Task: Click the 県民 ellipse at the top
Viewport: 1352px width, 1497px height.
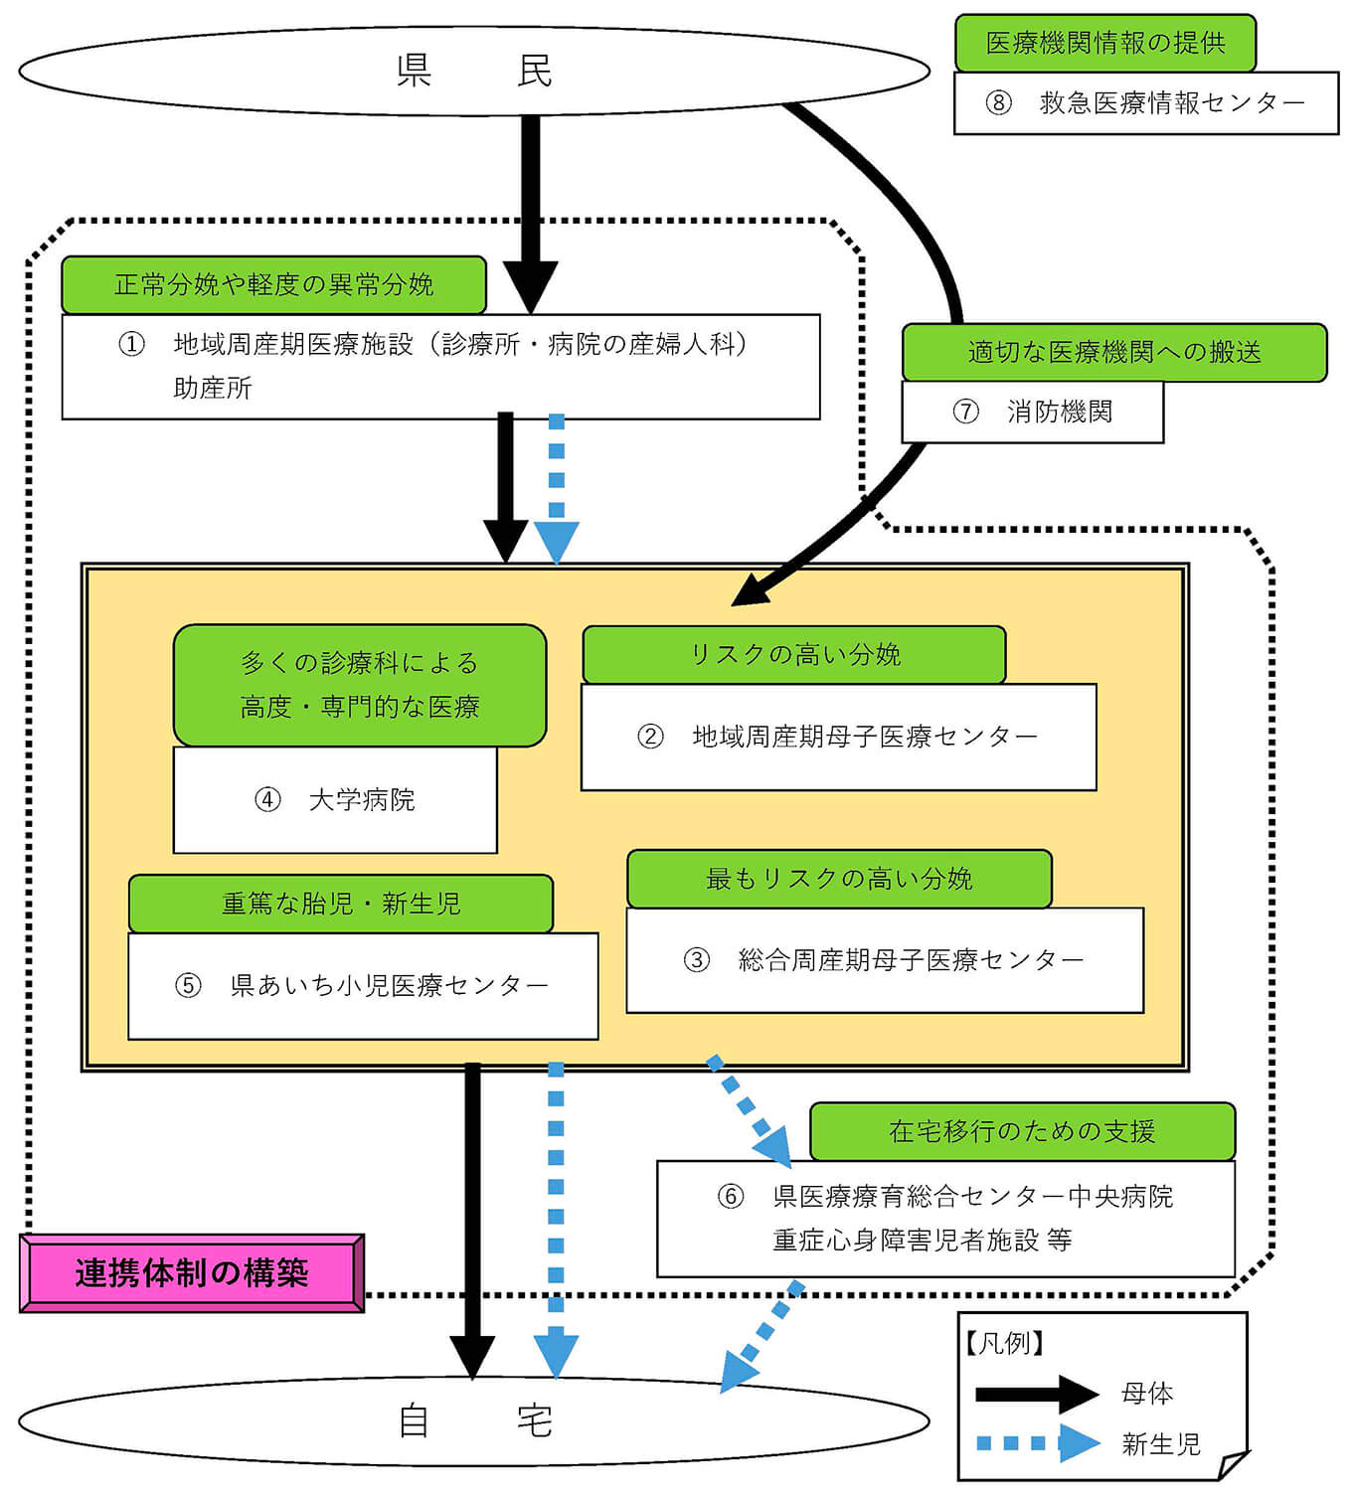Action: [x=473, y=71]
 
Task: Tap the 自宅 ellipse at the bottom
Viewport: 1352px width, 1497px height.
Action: [x=473, y=1421]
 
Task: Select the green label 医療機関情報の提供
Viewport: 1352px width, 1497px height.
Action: [x=1104, y=43]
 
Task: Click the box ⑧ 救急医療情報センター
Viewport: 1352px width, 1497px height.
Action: [x=1145, y=102]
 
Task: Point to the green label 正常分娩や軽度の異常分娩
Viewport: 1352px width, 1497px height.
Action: [x=273, y=285]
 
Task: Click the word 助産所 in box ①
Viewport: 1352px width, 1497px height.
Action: [x=213, y=388]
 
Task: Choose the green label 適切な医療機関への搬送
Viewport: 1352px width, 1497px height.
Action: [x=1113, y=352]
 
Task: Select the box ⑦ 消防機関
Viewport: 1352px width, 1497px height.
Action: [x=1032, y=412]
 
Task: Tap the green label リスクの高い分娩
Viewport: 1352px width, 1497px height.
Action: [x=793, y=654]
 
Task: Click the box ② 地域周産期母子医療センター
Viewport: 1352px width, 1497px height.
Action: [x=838, y=737]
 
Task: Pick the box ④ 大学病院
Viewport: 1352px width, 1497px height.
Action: [x=335, y=800]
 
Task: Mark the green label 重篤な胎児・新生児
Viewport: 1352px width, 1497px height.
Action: [x=340, y=904]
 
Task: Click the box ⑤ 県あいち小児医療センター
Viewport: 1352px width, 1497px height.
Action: [x=363, y=985]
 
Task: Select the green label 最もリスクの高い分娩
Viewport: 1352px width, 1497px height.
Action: [x=838, y=879]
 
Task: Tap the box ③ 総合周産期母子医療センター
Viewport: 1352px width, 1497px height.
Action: [x=884, y=960]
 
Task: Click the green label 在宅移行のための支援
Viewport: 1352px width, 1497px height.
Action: [x=1021, y=1131]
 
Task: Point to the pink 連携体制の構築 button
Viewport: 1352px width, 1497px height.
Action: [x=192, y=1272]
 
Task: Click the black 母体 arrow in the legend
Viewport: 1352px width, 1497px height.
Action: [x=1037, y=1394]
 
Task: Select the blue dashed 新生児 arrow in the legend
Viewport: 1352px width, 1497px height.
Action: [x=1037, y=1443]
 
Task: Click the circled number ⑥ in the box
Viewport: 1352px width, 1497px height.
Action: [x=731, y=1197]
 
